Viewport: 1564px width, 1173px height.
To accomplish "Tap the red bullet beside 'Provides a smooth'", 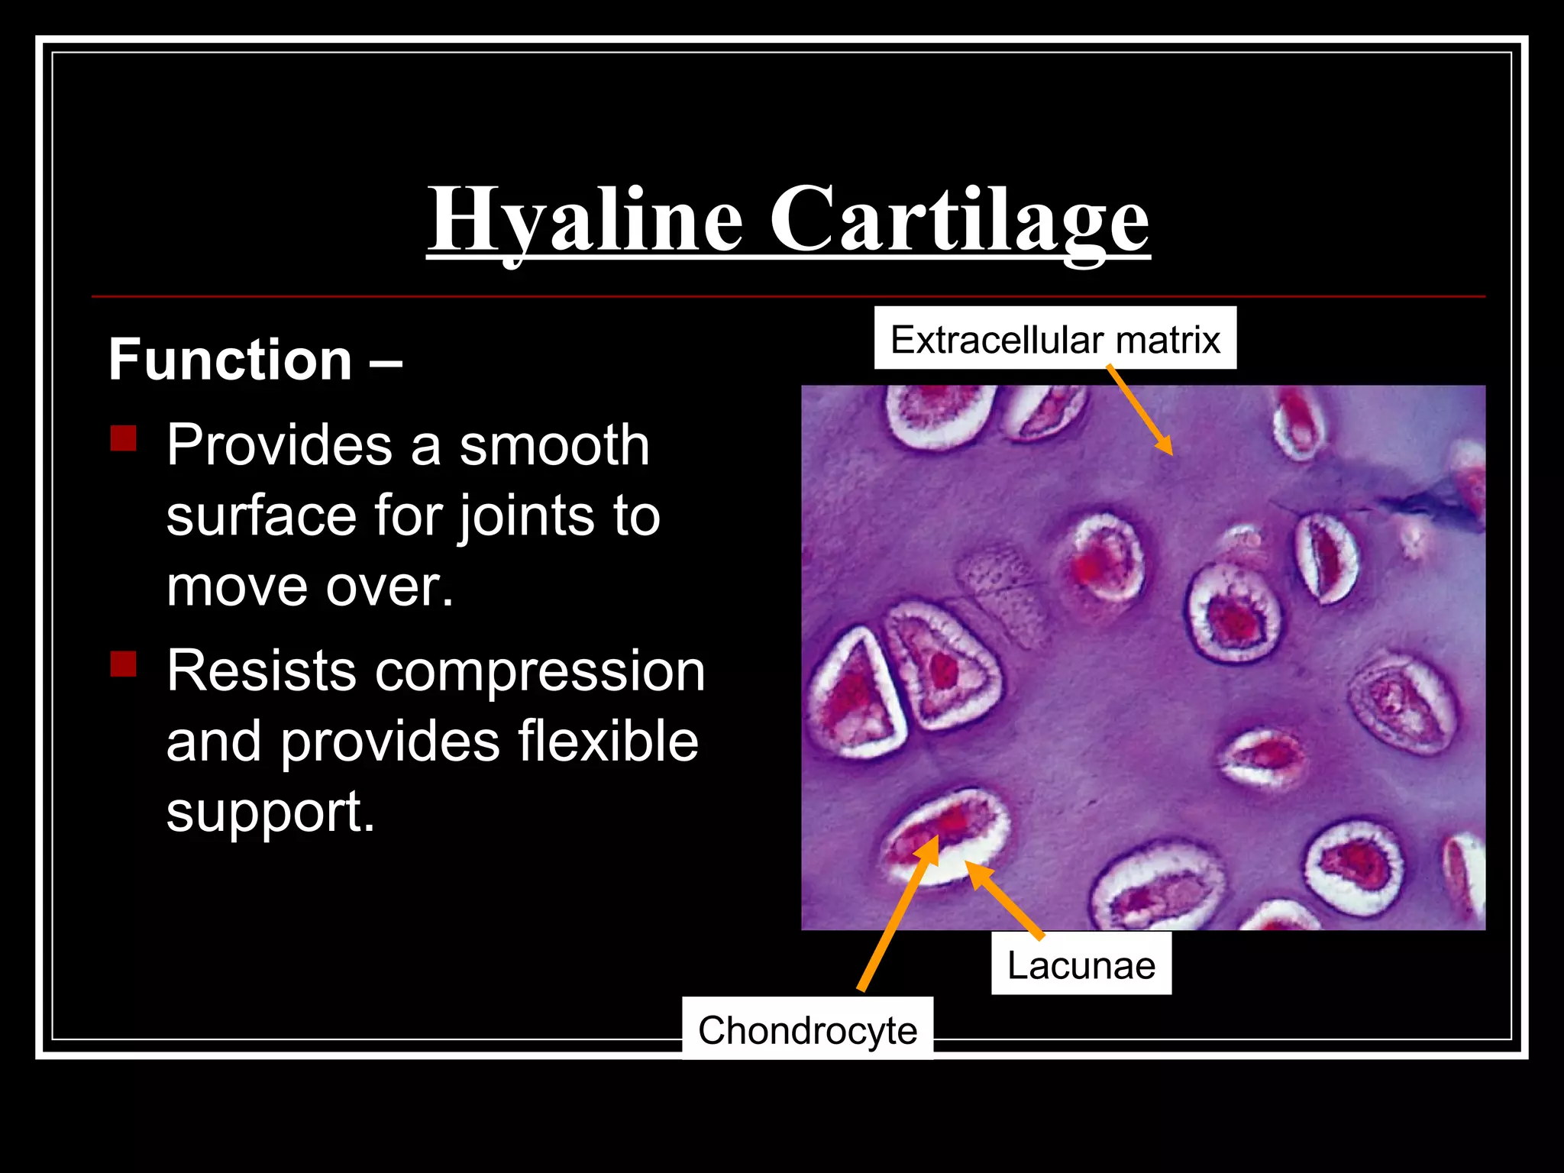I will (123, 438).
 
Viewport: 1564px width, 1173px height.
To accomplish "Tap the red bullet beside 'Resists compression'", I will (123, 664).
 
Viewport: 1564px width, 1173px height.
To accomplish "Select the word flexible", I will (608, 742).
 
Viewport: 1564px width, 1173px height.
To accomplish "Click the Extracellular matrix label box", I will (1055, 338).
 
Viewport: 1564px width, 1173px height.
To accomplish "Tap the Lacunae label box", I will (1081, 965).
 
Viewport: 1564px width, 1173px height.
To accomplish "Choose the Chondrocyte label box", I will (807, 1030).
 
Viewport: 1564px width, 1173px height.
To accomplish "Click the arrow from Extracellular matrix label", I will (1139, 411).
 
